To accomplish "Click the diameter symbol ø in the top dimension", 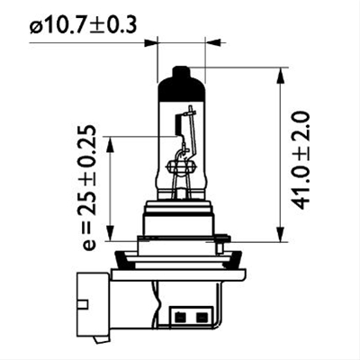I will pos(36,26).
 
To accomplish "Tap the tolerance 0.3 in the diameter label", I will pos(124,26).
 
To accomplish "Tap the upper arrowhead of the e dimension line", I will pos(110,141).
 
